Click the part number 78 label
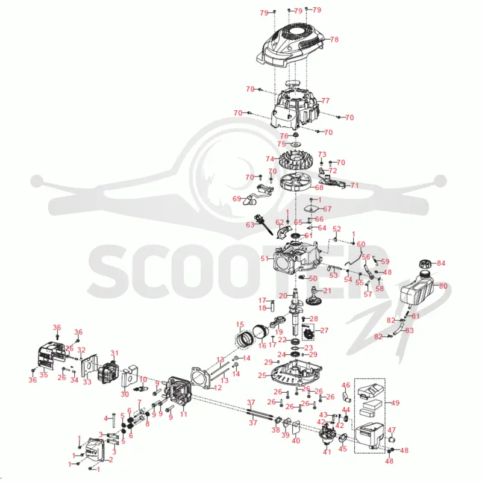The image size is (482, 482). tap(334, 39)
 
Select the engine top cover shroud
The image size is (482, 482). tap(290, 46)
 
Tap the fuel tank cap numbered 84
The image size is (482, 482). tap(425, 264)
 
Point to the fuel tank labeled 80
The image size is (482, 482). tap(417, 289)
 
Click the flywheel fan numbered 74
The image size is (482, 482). tap(296, 160)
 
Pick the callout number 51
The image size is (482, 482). tap(264, 258)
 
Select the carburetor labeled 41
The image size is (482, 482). tap(327, 433)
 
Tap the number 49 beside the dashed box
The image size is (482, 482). tap(395, 402)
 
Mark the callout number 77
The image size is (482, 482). tap(325, 101)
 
